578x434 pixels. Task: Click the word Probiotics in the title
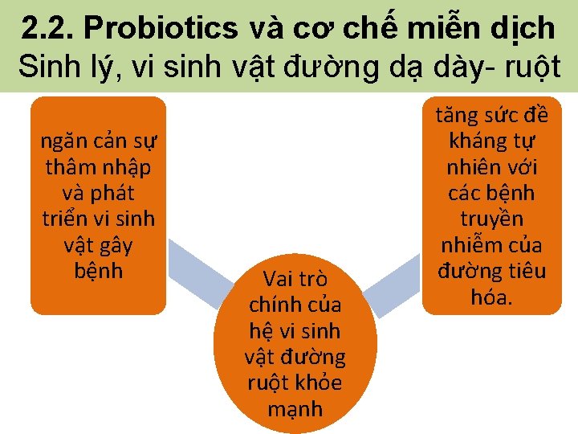pyautogui.click(x=161, y=28)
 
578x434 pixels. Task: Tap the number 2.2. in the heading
pyautogui.click(x=47, y=28)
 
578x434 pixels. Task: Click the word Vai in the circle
pyautogui.click(x=279, y=279)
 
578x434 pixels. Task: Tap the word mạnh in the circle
pyautogui.click(x=295, y=408)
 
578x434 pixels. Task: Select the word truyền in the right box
pyautogui.click(x=491, y=219)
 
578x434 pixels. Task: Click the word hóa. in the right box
pyautogui.click(x=491, y=297)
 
